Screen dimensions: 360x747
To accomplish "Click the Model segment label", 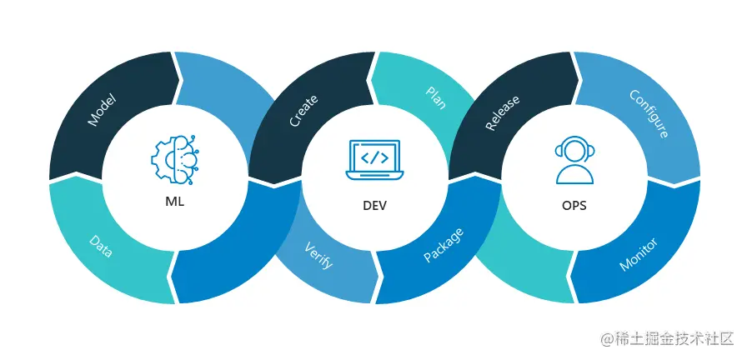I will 102,110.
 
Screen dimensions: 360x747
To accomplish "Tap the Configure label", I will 648,113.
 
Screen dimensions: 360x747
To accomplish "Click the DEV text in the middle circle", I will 374,204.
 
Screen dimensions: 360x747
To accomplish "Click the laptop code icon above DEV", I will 374,158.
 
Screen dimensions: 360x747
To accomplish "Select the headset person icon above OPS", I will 574,158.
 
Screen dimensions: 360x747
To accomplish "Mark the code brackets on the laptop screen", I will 374,156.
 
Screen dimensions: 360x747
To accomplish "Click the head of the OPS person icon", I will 574,149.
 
